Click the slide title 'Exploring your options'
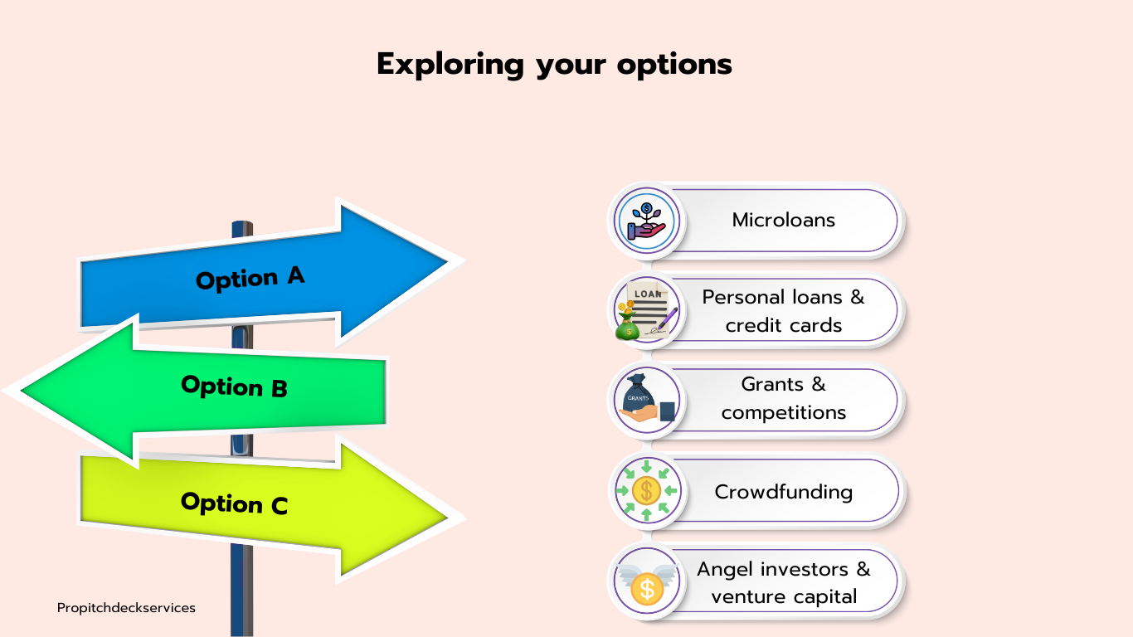[554, 64]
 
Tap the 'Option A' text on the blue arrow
[250, 278]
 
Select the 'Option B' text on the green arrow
[234, 387]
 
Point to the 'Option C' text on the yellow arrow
[234, 503]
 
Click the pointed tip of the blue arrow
[448, 261]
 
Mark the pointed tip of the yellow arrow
[448, 518]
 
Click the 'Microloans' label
[784, 220]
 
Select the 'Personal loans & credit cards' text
[784, 311]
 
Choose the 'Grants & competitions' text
[784, 398]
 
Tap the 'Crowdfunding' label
[784, 492]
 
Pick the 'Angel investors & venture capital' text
[784, 583]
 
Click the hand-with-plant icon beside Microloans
[646, 221]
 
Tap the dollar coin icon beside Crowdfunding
[646, 490]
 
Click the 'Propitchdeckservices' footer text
[126, 608]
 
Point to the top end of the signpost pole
[242, 222]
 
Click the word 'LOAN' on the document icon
[648, 294]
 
